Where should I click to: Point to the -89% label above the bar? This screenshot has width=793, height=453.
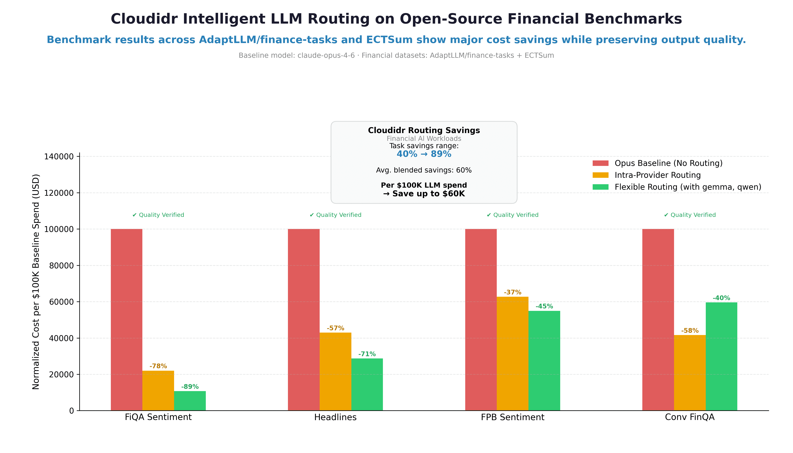(190, 387)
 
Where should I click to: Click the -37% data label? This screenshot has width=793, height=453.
(513, 292)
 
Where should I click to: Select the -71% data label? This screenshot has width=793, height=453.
(367, 354)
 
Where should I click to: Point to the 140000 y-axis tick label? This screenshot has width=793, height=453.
(59, 156)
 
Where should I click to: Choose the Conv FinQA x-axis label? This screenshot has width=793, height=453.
(690, 417)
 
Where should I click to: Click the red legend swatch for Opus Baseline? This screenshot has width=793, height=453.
(600, 163)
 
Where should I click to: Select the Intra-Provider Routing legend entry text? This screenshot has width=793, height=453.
(658, 175)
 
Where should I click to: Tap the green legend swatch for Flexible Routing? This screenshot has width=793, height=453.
(600, 187)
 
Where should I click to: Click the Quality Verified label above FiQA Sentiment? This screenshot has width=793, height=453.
(158, 215)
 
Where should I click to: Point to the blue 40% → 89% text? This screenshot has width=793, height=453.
(424, 154)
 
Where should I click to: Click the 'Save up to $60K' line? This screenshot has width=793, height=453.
(424, 194)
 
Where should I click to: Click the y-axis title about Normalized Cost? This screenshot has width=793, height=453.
(36, 282)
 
